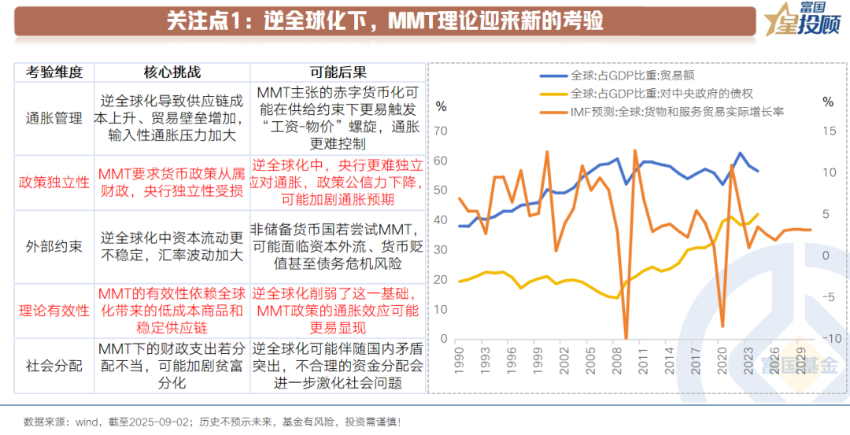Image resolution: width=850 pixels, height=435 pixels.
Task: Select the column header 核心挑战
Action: [172, 72]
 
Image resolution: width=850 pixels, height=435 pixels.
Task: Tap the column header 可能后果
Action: [338, 72]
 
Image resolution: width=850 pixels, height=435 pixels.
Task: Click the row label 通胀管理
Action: [54, 118]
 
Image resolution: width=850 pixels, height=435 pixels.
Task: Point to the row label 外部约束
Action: [54, 245]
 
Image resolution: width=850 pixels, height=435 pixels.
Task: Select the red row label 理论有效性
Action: [54, 310]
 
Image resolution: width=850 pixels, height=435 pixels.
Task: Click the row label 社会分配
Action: [54, 365]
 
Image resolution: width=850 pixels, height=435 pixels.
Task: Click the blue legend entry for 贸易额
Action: [622, 76]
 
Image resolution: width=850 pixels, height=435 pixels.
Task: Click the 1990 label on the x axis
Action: [458, 363]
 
